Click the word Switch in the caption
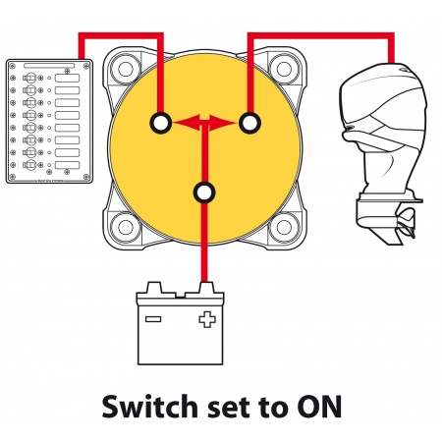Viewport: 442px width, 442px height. (149, 407)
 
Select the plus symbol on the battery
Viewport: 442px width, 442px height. (207, 319)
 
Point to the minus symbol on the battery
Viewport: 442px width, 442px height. (153, 319)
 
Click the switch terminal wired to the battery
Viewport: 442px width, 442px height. (204, 193)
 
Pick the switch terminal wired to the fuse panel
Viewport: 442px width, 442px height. (160, 123)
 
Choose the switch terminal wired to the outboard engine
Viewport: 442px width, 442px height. (249, 123)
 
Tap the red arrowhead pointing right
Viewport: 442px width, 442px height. (223, 123)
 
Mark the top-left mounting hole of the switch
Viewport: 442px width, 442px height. (125, 69)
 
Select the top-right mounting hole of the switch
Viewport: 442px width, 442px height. (284, 69)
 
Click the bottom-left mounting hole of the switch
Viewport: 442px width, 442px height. (125, 228)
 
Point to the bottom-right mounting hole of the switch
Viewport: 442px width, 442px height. (284, 228)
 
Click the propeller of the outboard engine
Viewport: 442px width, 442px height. (407, 224)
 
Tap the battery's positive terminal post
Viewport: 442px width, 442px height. (204, 289)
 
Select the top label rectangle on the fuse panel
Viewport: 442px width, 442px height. (67, 79)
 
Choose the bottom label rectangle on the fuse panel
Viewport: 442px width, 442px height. (67, 165)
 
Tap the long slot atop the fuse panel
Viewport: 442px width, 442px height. (49, 66)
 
